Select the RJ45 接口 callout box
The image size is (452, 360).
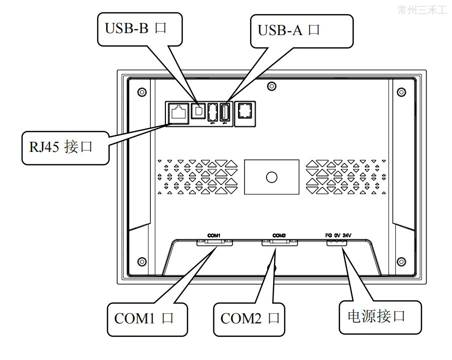click(65, 147)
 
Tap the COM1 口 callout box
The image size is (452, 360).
click(146, 318)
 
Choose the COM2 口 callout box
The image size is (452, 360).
click(250, 318)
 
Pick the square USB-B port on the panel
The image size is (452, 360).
click(199, 111)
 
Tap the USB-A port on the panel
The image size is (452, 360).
click(225, 112)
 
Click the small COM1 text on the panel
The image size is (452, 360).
click(214, 234)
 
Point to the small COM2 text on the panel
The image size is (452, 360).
click(279, 234)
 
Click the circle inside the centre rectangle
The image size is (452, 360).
click(272, 177)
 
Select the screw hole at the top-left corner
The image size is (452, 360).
click(142, 92)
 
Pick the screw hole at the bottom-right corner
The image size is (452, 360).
click(401, 261)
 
